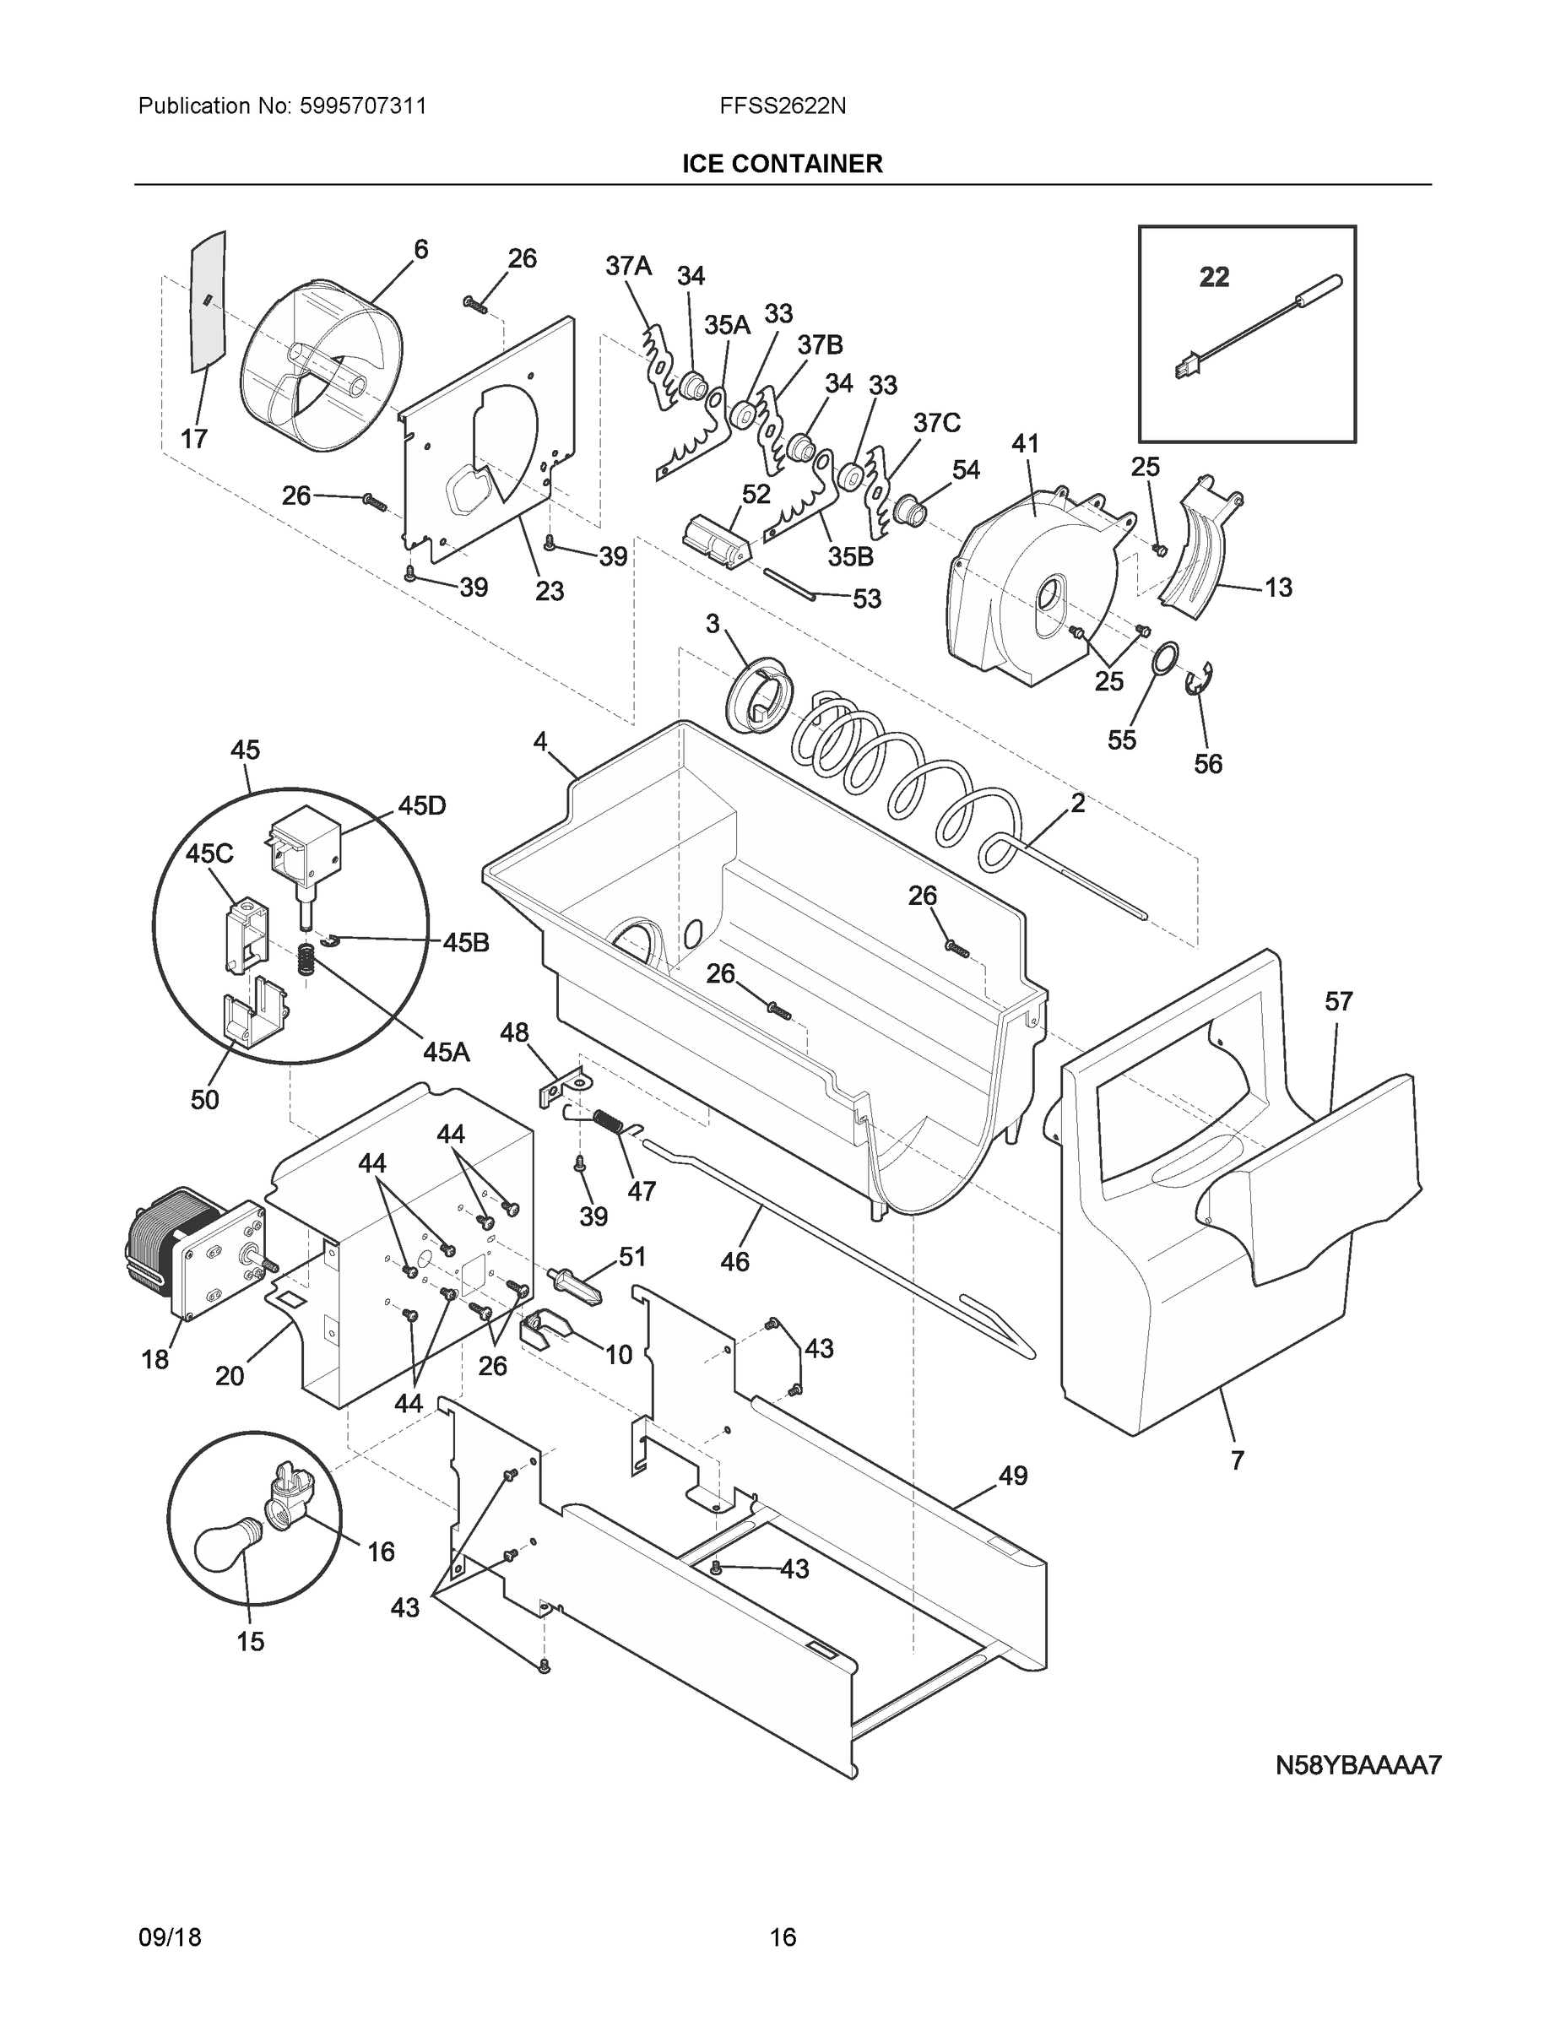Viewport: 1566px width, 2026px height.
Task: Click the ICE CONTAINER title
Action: click(x=782, y=165)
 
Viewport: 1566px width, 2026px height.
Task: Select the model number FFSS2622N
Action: click(x=782, y=106)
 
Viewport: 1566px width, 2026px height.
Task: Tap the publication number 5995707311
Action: click(x=363, y=106)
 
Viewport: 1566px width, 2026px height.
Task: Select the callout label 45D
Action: click(x=422, y=806)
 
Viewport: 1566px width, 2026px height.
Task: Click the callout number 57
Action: click(x=1338, y=1002)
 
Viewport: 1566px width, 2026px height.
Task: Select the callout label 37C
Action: click(x=937, y=423)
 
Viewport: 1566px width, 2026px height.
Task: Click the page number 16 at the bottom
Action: click(x=782, y=1937)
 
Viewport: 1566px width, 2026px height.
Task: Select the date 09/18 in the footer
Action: click(x=170, y=1937)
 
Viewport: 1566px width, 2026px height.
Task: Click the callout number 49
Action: click(x=1013, y=1475)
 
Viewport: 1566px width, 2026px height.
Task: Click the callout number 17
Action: click(x=194, y=438)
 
